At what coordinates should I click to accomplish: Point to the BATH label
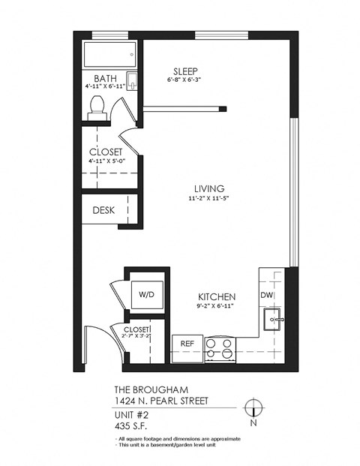click(106, 78)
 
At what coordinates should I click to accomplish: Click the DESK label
click(103, 210)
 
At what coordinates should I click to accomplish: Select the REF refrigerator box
click(187, 343)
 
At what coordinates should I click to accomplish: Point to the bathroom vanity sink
click(132, 81)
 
